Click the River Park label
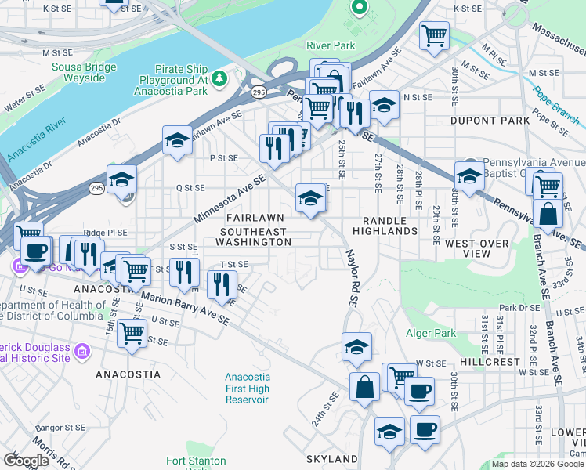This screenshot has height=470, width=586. point(331,45)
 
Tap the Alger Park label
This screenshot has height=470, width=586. point(430,333)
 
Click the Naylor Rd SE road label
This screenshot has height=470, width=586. point(353,278)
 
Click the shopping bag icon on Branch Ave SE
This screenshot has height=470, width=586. point(547,213)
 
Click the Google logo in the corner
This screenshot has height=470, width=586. point(26,461)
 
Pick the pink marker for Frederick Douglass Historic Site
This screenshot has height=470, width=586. point(81,356)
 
